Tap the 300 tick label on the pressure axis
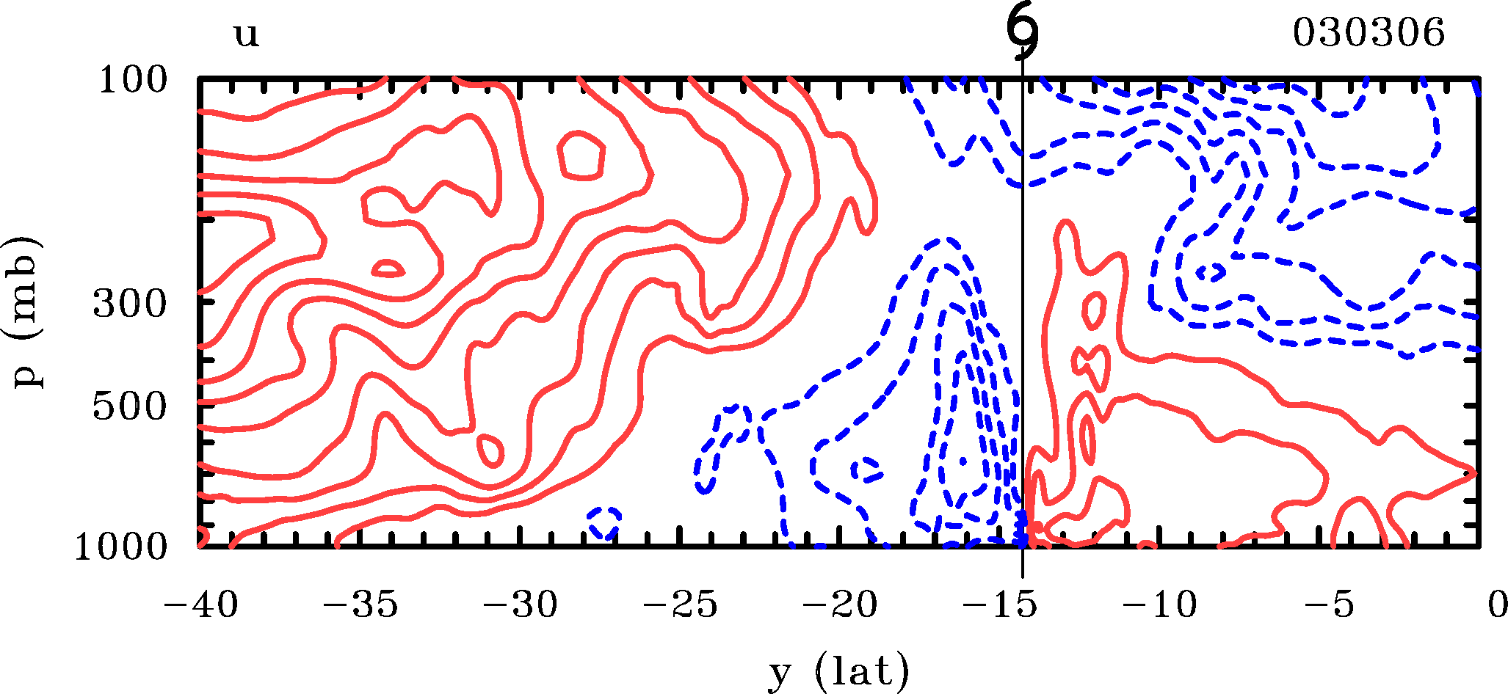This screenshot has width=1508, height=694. pyautogui.click(x=130, y=303)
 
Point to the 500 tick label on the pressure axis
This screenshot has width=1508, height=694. pyautogui.click(x=130, y=406)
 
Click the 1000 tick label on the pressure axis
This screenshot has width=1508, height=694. pyautogui.click(x=121, y=547)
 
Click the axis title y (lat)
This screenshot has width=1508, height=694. pyautogui.click(x=839, y=671)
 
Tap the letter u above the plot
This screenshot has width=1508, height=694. pyautogui.click(x=247, y=34)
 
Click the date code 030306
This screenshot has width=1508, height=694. pyautogui.click(x=1369, y=33)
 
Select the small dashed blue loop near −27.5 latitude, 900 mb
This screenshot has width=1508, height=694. pyautogui.click(x=605, y=522)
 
